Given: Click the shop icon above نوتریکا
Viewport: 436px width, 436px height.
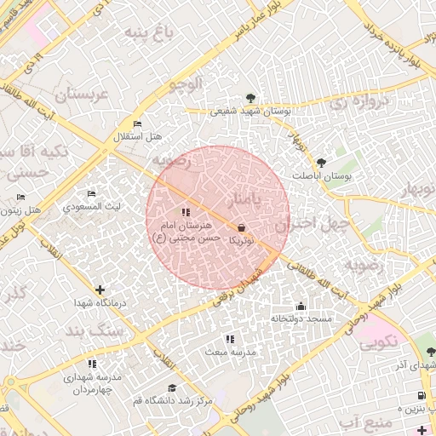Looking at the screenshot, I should (x=243, y=227).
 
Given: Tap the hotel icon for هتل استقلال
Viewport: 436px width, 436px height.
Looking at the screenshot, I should (x=137, y=124).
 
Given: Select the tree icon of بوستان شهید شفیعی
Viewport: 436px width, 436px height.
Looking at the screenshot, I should (x=250, y=98).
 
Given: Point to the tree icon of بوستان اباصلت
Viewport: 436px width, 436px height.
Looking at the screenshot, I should (x=321, y=163).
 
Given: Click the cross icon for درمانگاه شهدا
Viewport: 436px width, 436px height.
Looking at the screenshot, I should (x=101, y=290).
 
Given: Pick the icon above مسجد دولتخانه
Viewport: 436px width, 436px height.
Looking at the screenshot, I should (x=300, y=306).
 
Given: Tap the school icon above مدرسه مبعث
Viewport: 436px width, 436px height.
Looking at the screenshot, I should (x=230, y=339).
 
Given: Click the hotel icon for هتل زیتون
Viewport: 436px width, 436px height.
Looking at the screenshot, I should (x=20, y=197).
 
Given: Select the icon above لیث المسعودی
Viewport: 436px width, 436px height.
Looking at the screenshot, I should (x=92, y=194).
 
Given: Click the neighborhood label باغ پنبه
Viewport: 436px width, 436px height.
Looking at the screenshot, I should (x=148, y=33).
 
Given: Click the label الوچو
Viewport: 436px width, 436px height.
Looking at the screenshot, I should (x=186, y=83).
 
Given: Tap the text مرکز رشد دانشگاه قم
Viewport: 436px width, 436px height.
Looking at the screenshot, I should (x=181, y=399).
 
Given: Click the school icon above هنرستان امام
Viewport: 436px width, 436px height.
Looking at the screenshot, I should (x=186, y=212).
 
